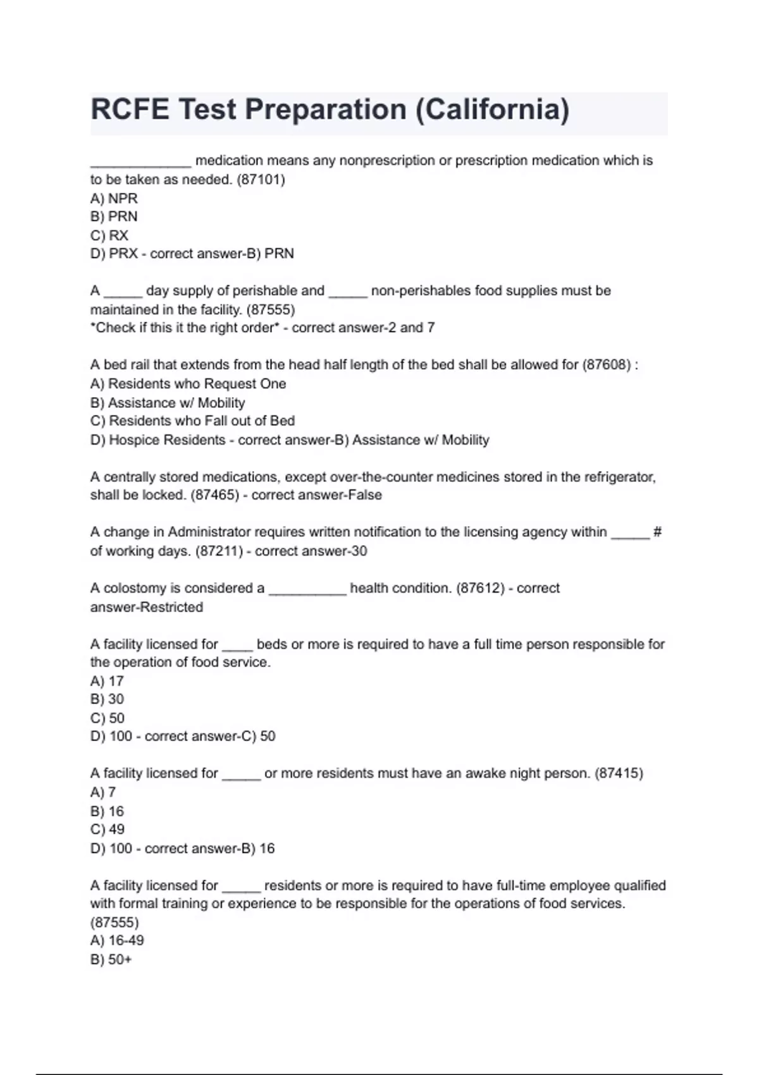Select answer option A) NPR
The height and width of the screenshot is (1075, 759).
coord(114,198)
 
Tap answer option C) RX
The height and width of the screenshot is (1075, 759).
coord(109,235)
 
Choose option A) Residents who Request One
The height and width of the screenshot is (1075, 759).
coord(188,384)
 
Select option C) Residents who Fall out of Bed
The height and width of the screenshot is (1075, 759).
coord(192,421)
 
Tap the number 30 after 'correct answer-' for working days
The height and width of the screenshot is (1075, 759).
coord(359,551)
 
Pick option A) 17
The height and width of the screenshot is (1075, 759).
coord(107,681)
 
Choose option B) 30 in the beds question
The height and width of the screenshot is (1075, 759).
coord(107,699)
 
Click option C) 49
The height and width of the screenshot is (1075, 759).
coord(108,830)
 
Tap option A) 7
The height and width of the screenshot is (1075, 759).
coord(103,792)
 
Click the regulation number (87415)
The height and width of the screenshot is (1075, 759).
coord(619,773)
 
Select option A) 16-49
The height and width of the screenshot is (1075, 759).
coord(117,941)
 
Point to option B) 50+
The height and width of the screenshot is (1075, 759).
coord(111,959)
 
